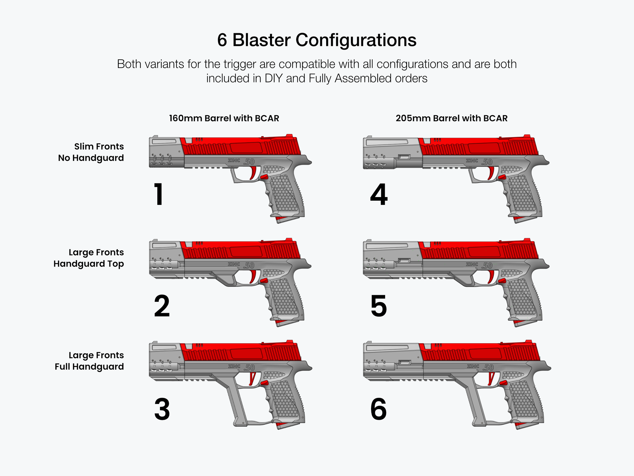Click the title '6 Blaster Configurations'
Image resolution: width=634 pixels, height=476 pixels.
317,40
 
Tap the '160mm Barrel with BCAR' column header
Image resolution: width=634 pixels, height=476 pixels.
224,118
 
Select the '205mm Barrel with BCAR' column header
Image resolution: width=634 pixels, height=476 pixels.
451,118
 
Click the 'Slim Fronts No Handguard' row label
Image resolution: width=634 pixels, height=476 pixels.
91,152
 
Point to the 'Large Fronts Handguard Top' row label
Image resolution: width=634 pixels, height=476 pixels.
89,258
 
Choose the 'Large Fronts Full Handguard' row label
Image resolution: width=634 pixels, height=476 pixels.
89,361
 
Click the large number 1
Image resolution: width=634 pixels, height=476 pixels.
159,194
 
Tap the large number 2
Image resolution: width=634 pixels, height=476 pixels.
162,306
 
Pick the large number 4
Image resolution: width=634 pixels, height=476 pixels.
379,194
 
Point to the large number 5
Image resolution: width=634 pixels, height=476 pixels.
379,306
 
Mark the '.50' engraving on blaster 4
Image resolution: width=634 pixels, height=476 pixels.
487,162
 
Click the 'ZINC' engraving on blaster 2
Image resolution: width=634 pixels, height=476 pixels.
234,264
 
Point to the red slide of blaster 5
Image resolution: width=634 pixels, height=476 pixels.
479,252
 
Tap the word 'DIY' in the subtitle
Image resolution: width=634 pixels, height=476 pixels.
273,79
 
